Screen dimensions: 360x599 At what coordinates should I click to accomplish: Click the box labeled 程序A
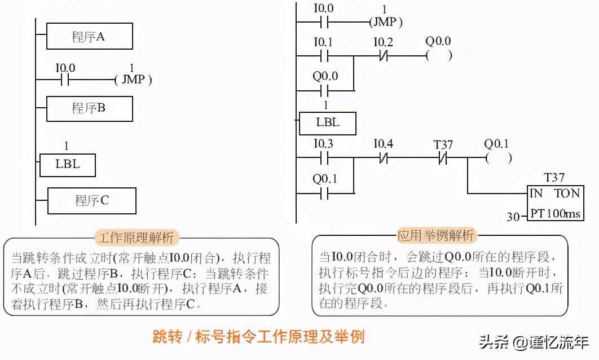pyautogui.click(x=89, y=37)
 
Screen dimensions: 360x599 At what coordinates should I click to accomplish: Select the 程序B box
pyautogui.click(x=89, y=108)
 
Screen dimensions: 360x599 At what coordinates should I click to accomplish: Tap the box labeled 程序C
pyautogui.click(x=92, y=200)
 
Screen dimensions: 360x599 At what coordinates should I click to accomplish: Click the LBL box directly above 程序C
pyautogui.click(x=68, y=165)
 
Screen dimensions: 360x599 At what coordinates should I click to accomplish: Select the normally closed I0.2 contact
pyautogui.click(x=383, y=56)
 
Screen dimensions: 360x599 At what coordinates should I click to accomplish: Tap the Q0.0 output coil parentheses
pyautogui.click(x=438, y=56)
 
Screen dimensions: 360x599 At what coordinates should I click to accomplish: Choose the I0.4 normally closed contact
pyautogui.click(x=383, y=159)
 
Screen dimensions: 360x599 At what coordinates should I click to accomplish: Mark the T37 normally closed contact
pyautogui.click(x=443, y=159)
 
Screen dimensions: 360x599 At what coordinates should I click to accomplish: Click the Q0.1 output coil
pyautogui.click(x=498, y=159)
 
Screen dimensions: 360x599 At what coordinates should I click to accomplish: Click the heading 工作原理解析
pyautogui.click(x=135, y=237)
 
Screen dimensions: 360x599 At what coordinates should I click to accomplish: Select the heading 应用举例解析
pyautogui.click(x=436, y=235)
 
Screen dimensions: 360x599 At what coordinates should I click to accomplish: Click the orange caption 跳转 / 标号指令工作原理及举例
pyautogui.click(x=259, y=337)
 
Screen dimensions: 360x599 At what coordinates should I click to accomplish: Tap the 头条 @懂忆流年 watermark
pyautogui.click(x=534, y=341)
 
